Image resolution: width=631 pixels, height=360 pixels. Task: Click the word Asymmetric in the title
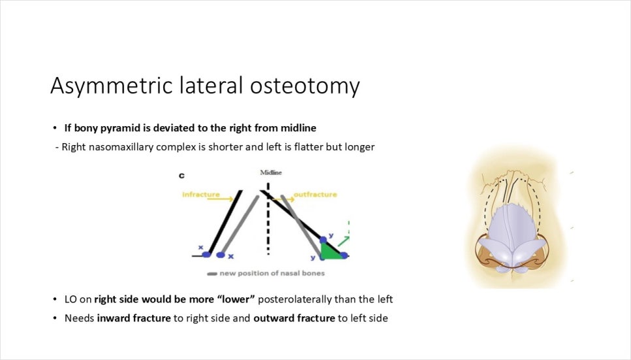click(x=112, y=86)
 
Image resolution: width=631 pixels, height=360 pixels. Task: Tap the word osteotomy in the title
click(x=304, y=86)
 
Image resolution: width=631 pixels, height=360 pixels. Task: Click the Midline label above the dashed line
click(x=271, y=172)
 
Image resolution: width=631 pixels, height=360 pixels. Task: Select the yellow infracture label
click(x=201, y=195)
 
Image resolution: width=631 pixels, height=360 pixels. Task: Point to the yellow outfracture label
click(x=315, y=195)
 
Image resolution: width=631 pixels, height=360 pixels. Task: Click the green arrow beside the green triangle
click(x=344, y=241)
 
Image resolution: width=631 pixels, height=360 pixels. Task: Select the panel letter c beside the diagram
click(x=182, y=176)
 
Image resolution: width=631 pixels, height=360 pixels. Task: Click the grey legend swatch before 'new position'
click(x=212, y=274)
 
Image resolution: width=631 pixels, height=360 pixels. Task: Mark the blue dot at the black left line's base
click(x=206, y=255)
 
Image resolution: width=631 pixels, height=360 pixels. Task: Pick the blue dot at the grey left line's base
click(x=221, y=255)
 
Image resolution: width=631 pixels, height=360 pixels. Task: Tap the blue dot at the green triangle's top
click(x=323, y=240)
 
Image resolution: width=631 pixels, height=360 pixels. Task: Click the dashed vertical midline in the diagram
click(x=268, y=219)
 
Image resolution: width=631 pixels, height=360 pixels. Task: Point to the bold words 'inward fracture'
click(x=134, y=318)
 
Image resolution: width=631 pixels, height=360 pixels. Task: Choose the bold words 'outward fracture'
click(x=294, y=318)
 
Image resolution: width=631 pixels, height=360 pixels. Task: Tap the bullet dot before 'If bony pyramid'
click(x=55, y=128)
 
